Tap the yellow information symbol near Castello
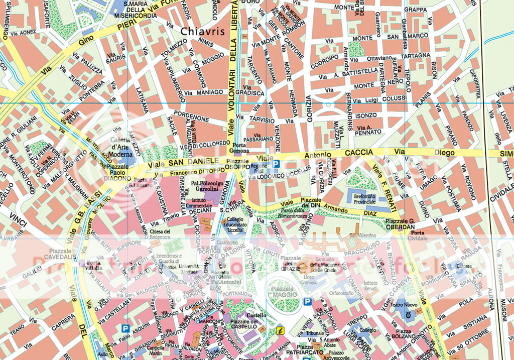[281, 330]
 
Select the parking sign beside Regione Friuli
[276, 163]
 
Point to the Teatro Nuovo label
[404, 305]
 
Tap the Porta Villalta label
[94, 265]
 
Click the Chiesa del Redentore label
[160, 234]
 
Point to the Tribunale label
[315, 333]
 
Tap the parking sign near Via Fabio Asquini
[125, 328]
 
